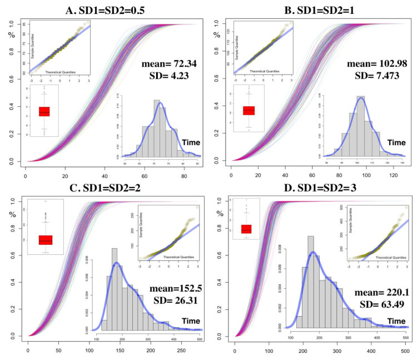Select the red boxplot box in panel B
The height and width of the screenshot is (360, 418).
(249, 110)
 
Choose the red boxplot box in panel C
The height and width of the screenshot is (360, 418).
(46, 239)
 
